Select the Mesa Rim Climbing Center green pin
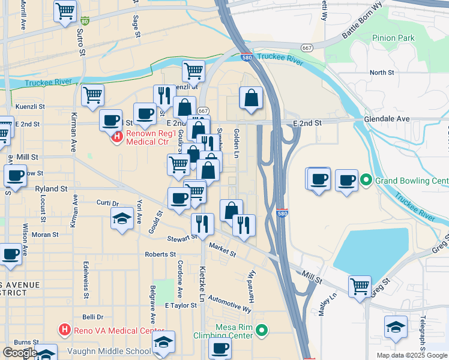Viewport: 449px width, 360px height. (x=261, y=330)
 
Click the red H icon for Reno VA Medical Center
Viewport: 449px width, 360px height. (x=65, y=330)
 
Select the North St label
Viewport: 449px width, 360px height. (x=381, y=73)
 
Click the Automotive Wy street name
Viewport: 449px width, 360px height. (x=229, y=306)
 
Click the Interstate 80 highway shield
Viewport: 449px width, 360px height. (x=85, y=22)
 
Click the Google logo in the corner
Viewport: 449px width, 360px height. (x=20, y=353)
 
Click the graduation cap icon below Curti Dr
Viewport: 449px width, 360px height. (x=122, y=218)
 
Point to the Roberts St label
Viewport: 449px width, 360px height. (x=160, y=254)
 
